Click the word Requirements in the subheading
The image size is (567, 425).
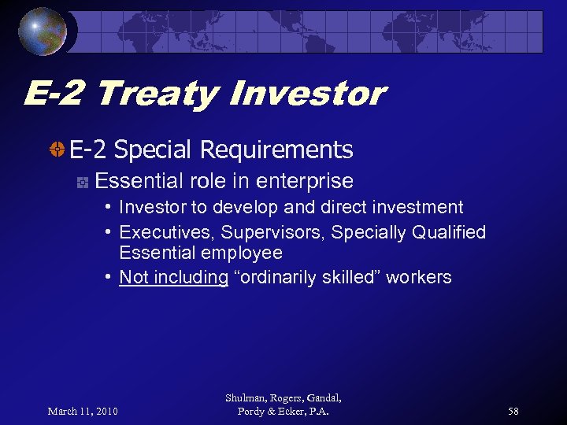click(x=276, y=150)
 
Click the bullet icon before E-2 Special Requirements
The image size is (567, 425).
click(x=57, y=150)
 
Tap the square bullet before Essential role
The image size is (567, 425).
click(x=81, y=182)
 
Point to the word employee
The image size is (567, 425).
click(x=241, y=253)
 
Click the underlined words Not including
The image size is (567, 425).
click(x=173, y=277)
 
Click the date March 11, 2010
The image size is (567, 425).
click(x=82, y=411)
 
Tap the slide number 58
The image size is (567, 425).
click(x=513, y=411)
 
